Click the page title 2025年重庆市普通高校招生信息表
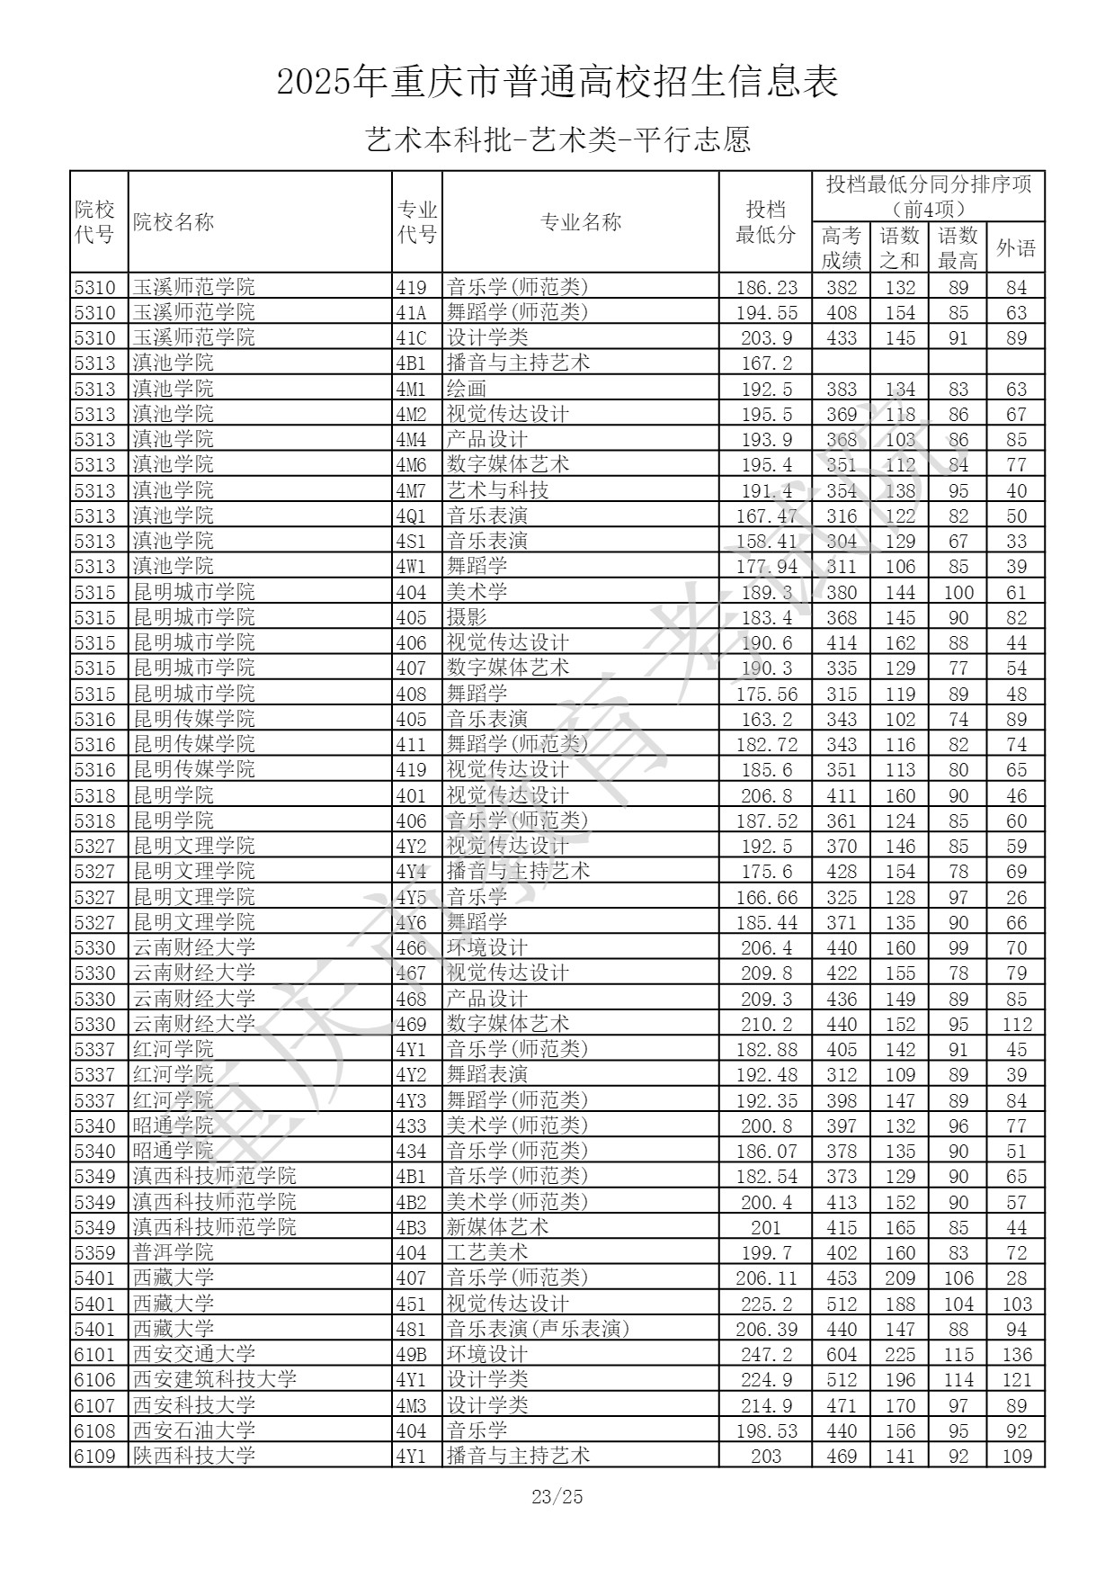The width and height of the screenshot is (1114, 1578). [x=557, y=83]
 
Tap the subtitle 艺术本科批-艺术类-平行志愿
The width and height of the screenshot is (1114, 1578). [x=557, y=139]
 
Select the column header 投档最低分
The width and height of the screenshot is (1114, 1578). [x=765, y=222]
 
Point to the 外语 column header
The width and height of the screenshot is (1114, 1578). [x=1016, y=247]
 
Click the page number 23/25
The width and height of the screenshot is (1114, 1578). [x=557, y=1496]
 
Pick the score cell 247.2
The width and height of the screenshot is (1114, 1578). [x=765, y=1354]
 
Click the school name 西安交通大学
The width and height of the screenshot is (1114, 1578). [x=194, y=1354]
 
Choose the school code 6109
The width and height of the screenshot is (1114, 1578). [x=95, y=1455]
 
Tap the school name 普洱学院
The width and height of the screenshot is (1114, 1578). [x=174, y=1252]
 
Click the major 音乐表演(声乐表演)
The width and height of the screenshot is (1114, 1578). [x=539, y=1329]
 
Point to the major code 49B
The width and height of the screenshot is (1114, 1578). [x=411, y=1354]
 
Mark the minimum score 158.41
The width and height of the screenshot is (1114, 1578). [x=765, y=541]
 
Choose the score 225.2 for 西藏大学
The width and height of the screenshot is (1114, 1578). [x=765, y=1304]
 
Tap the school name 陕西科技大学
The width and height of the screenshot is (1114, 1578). [x=194, y=1455]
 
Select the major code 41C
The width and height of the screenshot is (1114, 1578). [x=411, y=337]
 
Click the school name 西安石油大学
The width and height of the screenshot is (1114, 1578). [x=194, y=1430]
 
